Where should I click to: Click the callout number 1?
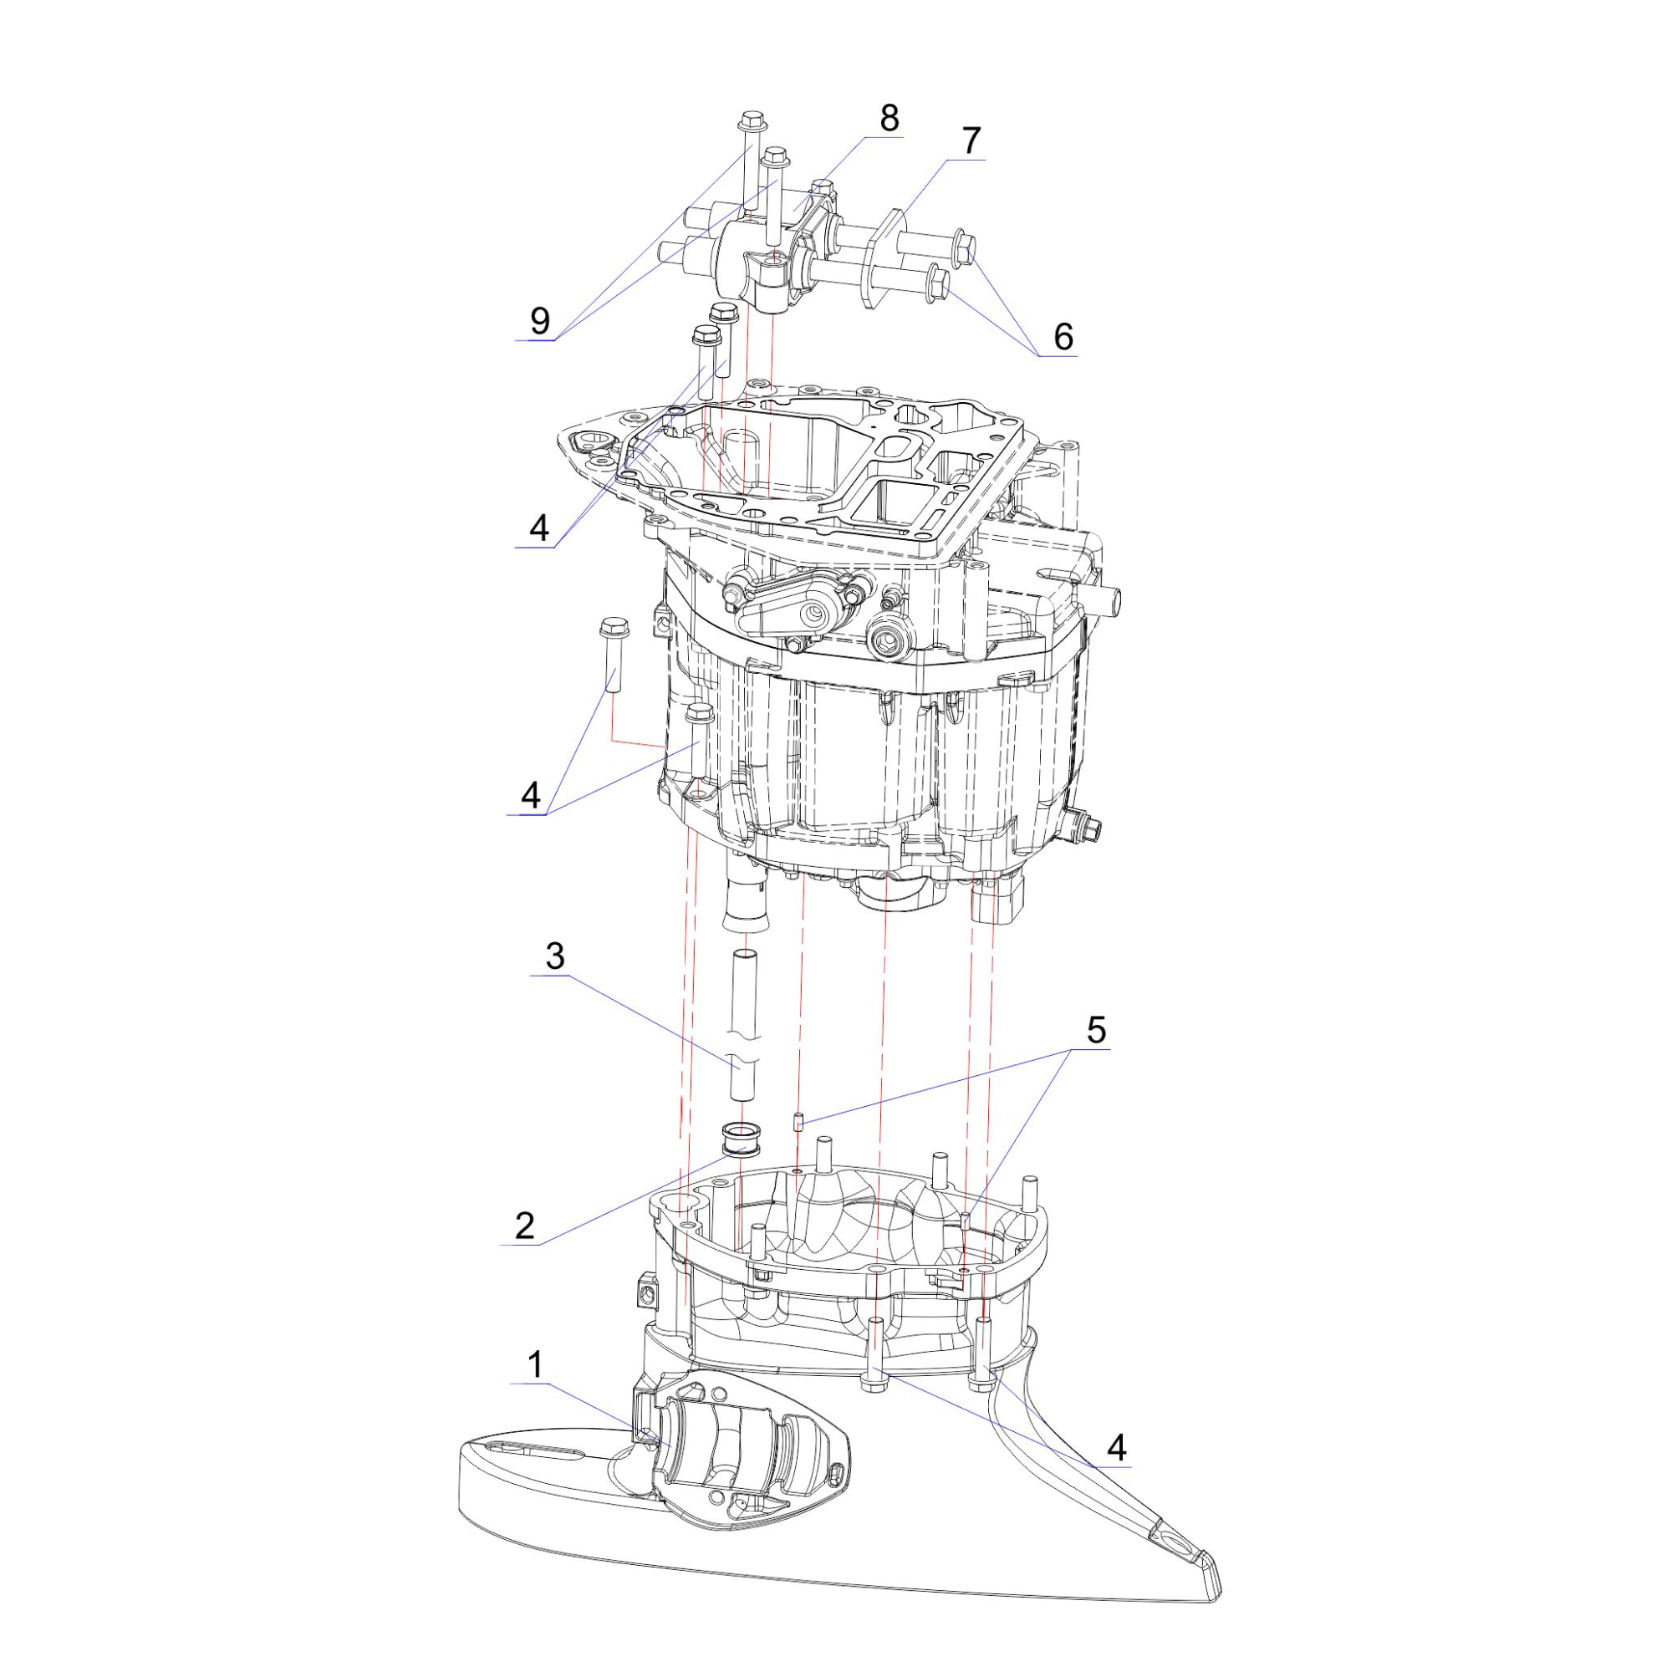(x=536, y=1366)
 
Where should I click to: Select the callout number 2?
(x=524, y=1226)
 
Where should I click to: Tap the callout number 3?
(x=555, y=956)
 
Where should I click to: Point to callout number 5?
(x=1096, y=1031)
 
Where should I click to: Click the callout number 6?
(x=1063, y=337)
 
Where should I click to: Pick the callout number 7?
(x=971, y=140)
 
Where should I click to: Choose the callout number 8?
(x=889, y=119)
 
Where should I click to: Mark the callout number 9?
(x=539, y=321)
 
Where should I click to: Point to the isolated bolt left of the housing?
(x=613, y=654)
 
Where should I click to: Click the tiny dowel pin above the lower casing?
(x=798, y=1121)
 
